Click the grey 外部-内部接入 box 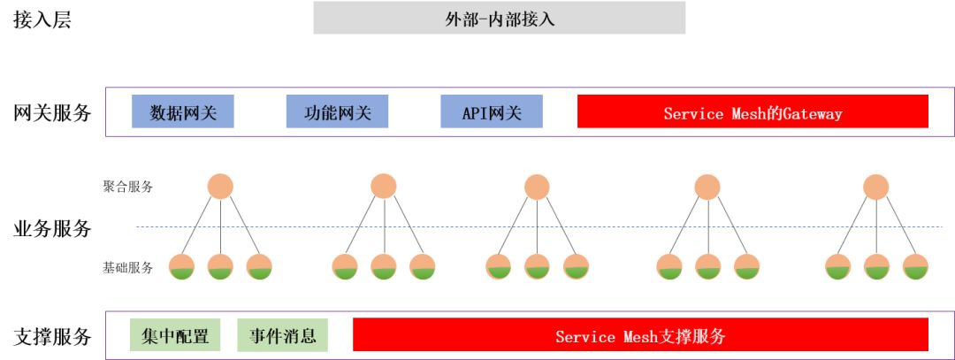pos(499,18)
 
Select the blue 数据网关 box pos(183,112)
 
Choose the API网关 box pos(492,112)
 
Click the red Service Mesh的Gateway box pos(753,112)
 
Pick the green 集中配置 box pos(175,335)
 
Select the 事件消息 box pos(282,335)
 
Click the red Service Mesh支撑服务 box pos(640,335)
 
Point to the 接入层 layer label pos(42,19)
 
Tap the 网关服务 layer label pos(52,113)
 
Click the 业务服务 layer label pos(52,228)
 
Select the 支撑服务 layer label pos(52,336)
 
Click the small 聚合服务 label pos(127,187)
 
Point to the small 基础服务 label pos(127,267)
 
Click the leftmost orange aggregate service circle pos(220,187)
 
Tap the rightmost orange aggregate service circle pos(876,187)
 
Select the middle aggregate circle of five pos(537,187)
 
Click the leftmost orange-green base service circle pos(181,267)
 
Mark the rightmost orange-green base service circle pos(915,267)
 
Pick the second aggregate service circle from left pos(384,187)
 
